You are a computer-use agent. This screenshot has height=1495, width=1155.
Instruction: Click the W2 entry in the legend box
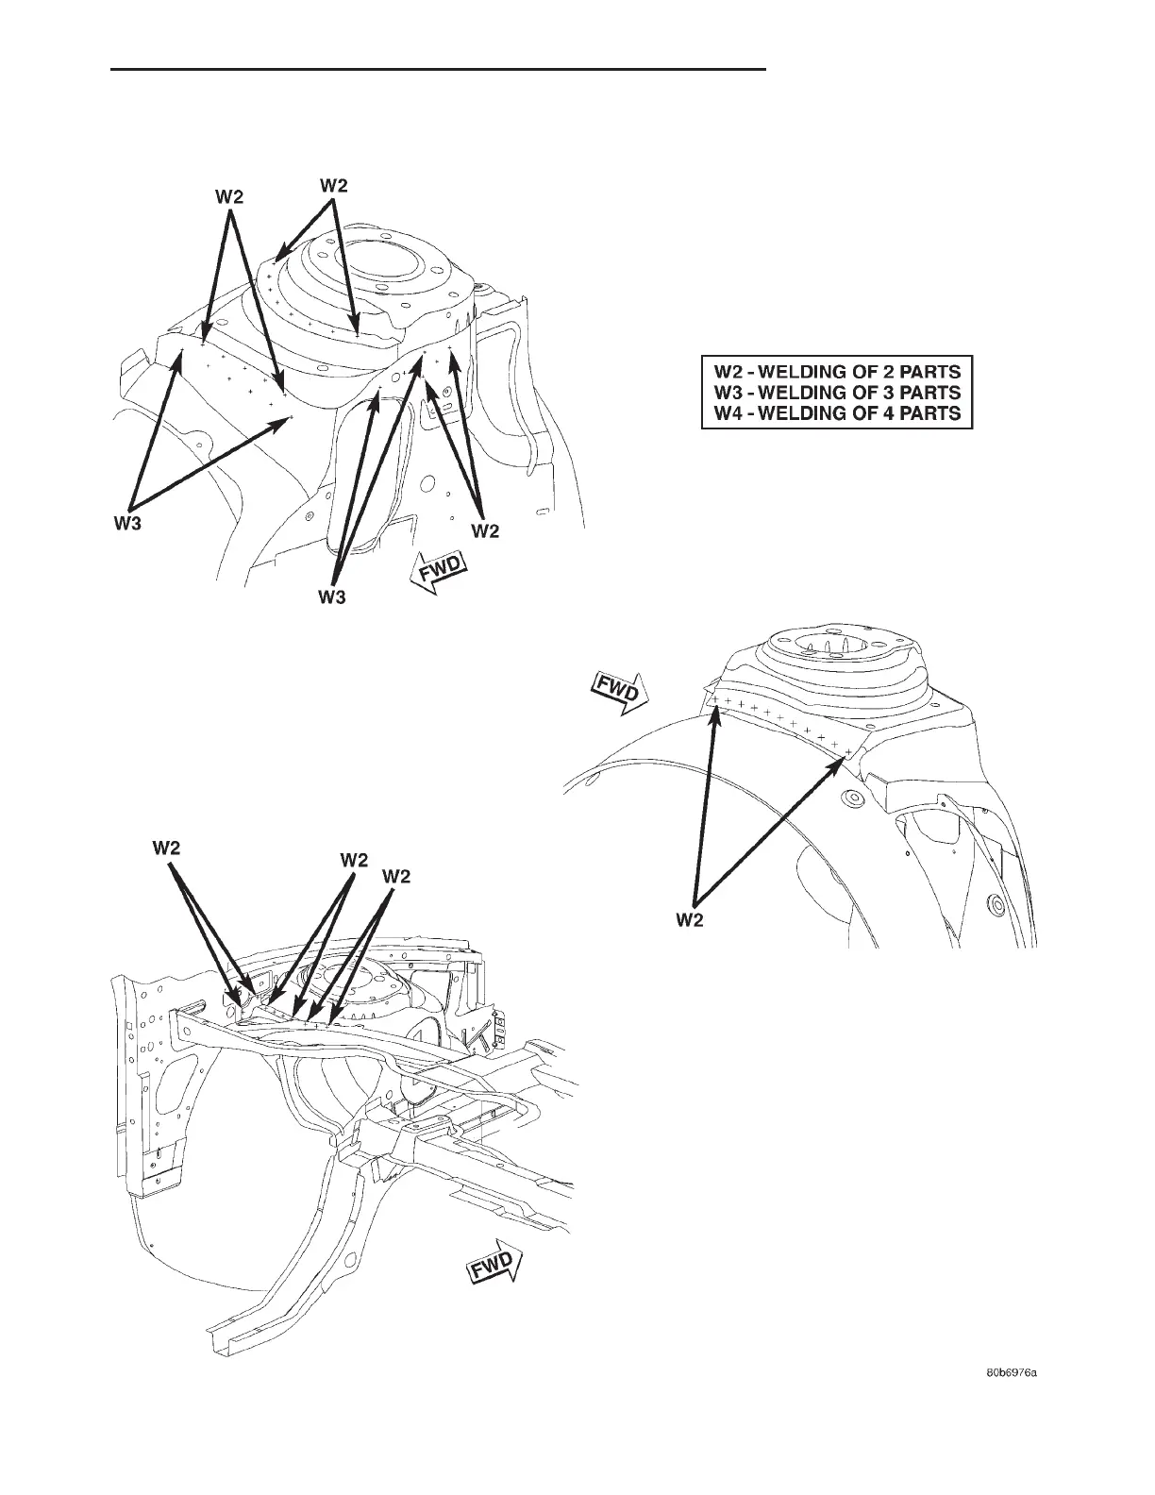[x=837, y=370]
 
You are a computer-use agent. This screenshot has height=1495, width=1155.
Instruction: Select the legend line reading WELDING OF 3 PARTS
[x=837, y=392]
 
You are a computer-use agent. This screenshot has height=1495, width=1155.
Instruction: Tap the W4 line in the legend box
[x=837, y=413]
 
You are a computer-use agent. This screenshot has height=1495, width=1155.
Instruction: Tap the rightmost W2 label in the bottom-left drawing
[x=396, y=876]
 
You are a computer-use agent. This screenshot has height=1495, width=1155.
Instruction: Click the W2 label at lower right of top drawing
[x=485, y=531]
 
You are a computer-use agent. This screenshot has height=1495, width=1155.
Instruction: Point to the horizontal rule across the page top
[x=439, y=69]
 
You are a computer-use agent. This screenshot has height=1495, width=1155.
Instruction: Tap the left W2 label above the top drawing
[x=229, y=196]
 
